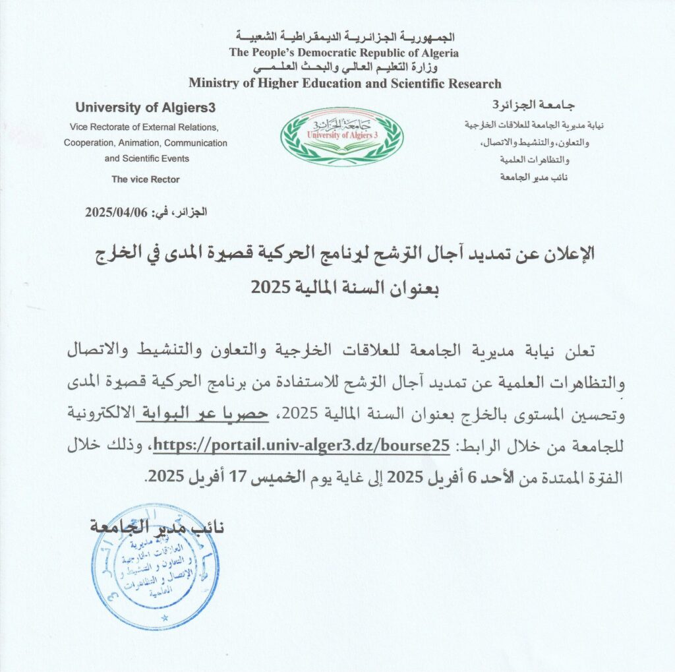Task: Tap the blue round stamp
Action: coord(156,566)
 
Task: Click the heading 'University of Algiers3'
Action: coord(145,107)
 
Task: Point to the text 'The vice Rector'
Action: coord(145,179)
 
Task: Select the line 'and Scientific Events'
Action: coord(146,158)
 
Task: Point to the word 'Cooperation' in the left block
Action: coord(88,142)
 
